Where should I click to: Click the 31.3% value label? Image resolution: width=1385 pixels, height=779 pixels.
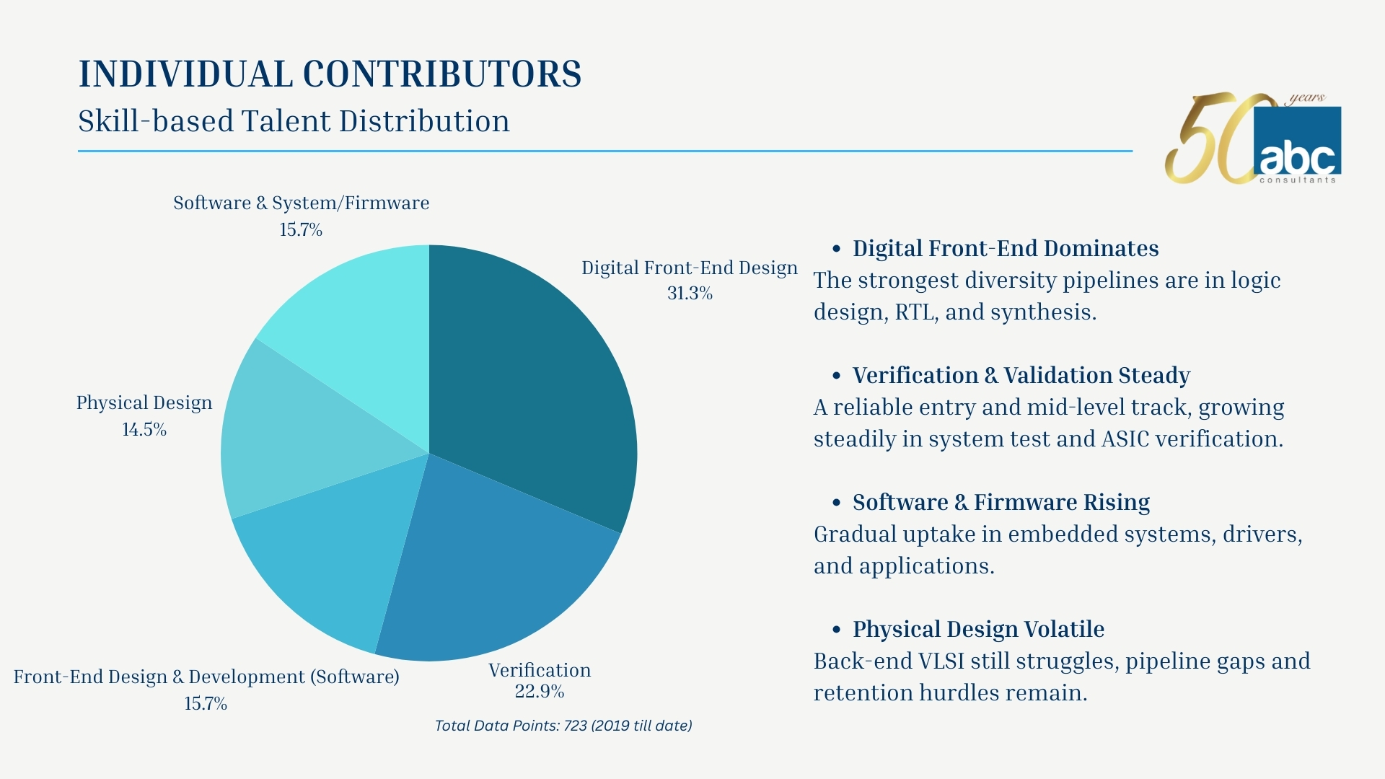click(x=690, y=293)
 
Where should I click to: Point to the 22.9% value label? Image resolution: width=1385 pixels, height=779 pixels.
click(x=540, y=691)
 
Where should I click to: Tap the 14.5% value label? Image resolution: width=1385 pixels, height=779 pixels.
click(x=144, y=429)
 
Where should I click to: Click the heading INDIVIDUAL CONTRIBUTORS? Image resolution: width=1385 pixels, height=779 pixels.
click(x=330, y=74)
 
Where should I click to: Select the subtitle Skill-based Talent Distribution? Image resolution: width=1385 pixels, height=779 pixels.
click(x=294, y=120)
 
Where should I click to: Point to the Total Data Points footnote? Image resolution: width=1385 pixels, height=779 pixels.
click(x=563, y=726)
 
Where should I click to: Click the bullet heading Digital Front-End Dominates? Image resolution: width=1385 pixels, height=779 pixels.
click(x=1006, y=248)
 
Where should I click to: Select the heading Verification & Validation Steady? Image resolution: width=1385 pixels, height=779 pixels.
click(x=1021, y=375)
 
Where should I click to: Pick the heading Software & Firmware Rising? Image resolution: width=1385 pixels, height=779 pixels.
click(x=1001, y=502)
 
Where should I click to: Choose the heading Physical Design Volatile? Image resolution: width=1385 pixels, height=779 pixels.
click(x=978, y=629)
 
